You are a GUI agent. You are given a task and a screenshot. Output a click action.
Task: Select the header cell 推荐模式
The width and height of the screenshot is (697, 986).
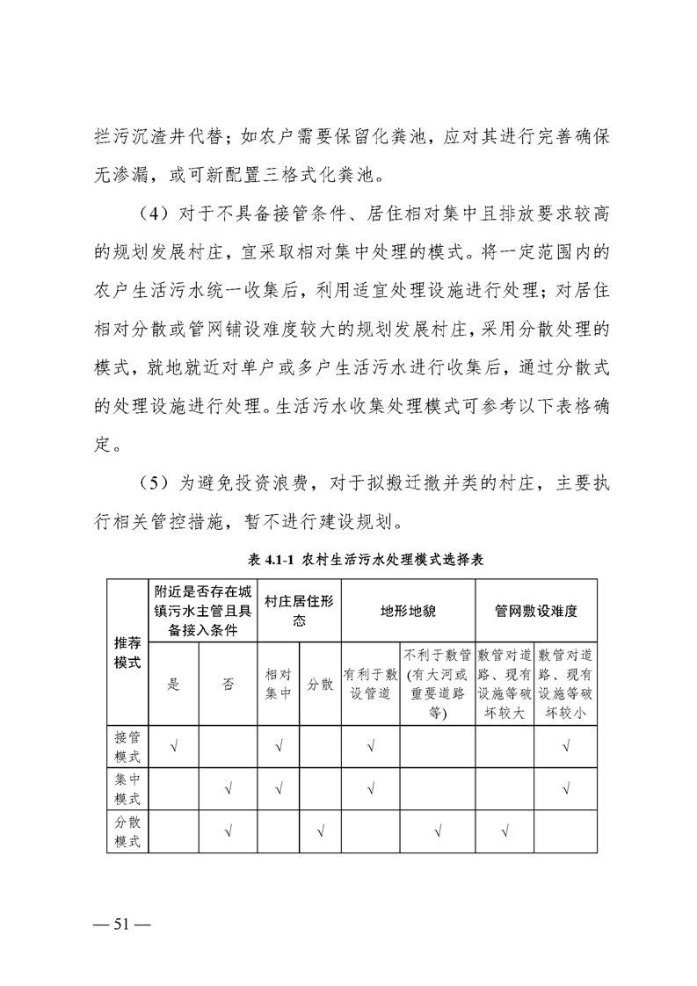coord(127,652)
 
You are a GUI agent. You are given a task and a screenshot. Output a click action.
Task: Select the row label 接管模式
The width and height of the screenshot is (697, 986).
coord(127,746)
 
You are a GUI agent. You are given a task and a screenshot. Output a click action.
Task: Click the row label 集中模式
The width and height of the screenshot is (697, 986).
coord(127,789)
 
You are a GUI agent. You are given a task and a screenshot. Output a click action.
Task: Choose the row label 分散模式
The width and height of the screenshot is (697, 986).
coord(127,831)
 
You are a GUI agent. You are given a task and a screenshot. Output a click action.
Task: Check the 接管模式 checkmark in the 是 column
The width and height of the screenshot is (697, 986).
coord(173,747)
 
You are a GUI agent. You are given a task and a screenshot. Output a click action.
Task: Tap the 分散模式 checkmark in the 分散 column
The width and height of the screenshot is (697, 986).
coord(320,831)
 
